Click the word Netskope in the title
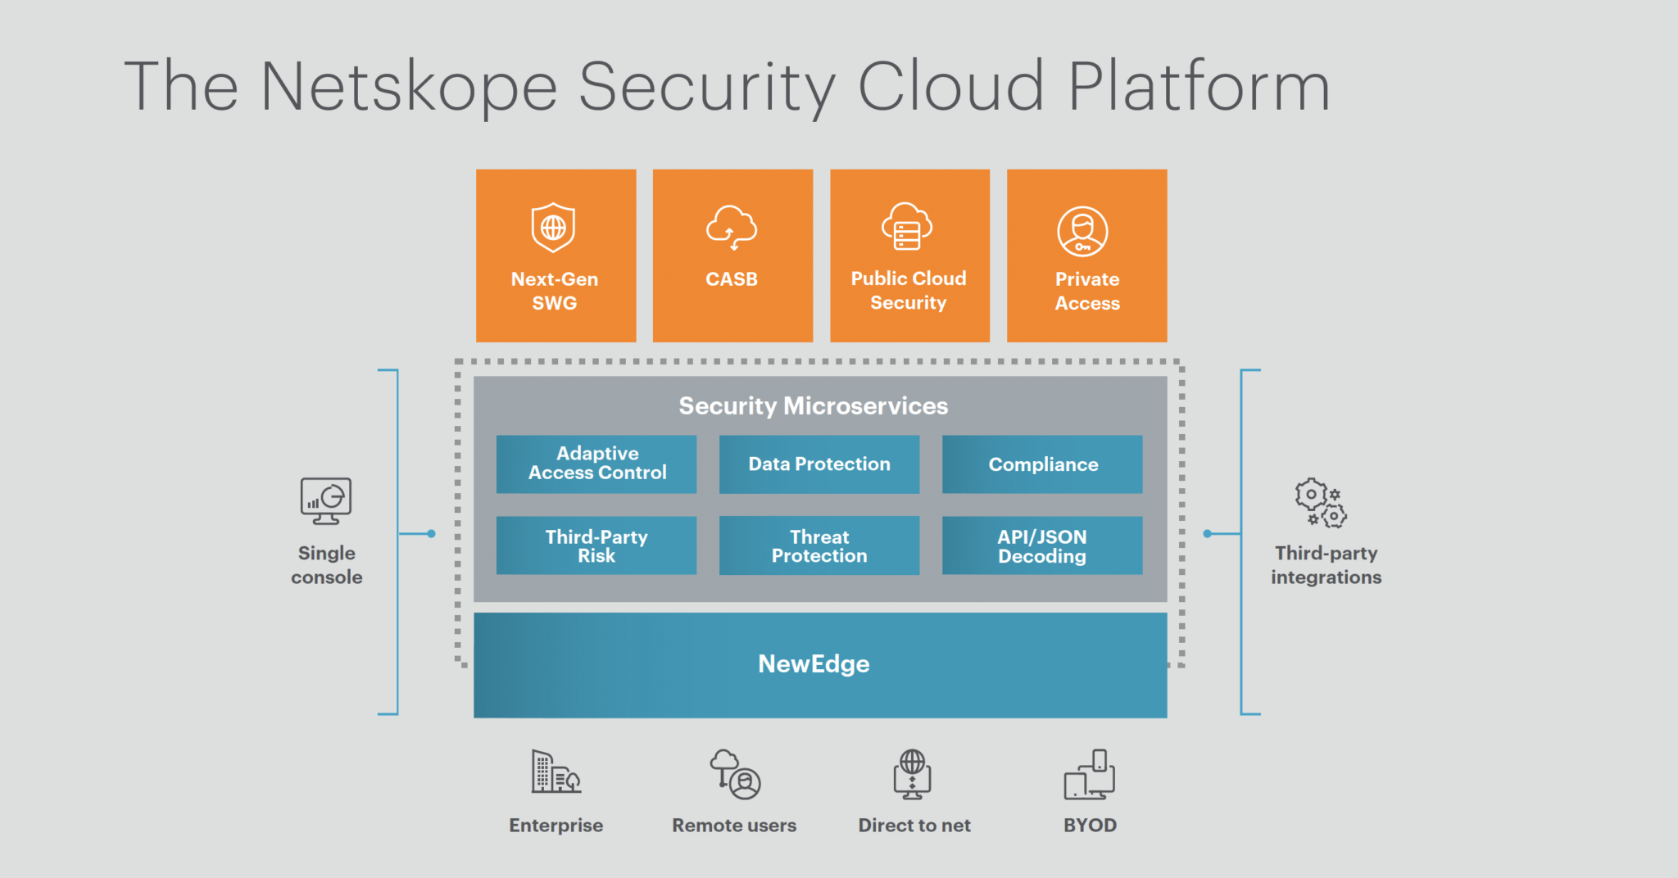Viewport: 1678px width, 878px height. point(408,87)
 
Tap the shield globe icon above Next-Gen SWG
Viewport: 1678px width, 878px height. point(553,227)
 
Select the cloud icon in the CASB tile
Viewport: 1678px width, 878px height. point(732,227)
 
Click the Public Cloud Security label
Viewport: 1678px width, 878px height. point(909,291)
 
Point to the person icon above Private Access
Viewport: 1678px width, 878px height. point(1082,232)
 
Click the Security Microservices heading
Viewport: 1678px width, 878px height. point(813,406)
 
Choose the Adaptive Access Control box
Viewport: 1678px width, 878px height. point(596,464)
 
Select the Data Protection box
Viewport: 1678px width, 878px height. point(819,464)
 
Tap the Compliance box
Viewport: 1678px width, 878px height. point(1042,464)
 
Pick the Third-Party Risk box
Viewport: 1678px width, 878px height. point(596,545)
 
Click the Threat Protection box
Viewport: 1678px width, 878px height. point(819,545)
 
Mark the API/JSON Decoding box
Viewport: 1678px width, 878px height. point(1042,545)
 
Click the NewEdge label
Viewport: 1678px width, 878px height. point(814,663)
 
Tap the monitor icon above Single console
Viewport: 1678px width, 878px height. point(325,500)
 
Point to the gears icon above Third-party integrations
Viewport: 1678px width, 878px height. point(1320,503)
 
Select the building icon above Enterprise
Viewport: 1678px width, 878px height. point(556,772)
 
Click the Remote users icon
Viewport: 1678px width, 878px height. point(735,774)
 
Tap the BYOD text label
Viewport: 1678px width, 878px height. point(1090,826)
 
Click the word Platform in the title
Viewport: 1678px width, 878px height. point(1198,87)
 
